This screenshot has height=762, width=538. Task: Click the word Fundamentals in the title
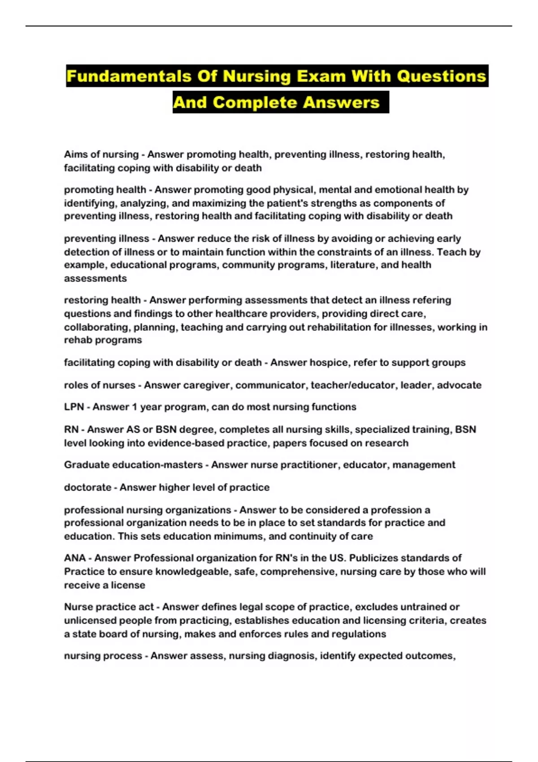click(x=129, y=76)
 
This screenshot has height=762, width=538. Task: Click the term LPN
click(x=74, y=407)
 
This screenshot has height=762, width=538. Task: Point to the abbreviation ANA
click(x=75, y=558)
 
